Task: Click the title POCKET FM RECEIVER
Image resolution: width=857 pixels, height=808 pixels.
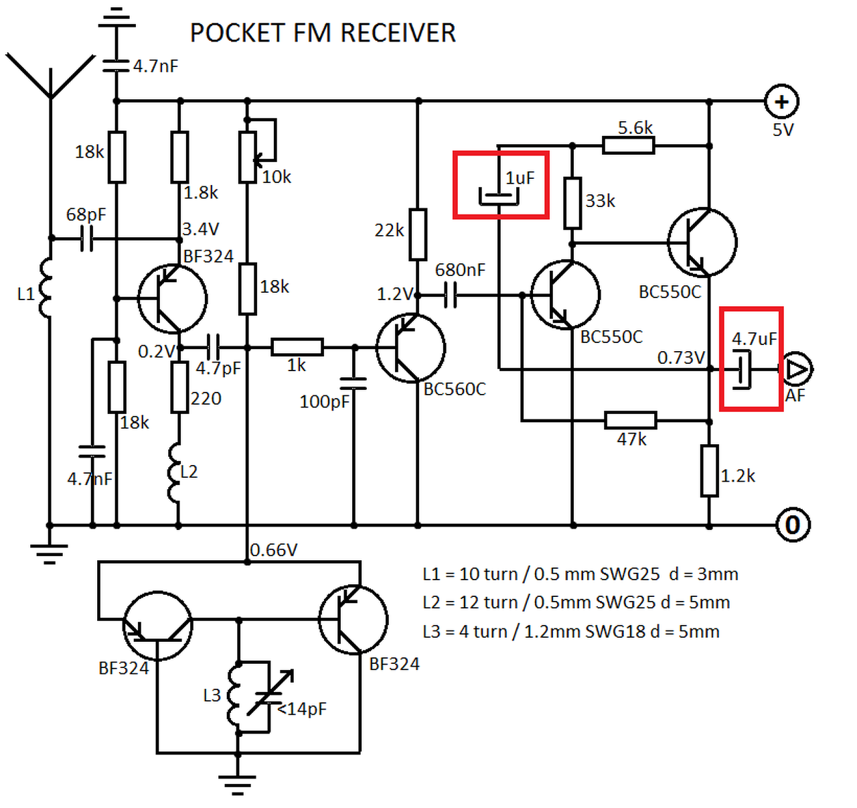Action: click(323, 33)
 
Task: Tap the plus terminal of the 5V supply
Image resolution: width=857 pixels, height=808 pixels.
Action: click(781, 102)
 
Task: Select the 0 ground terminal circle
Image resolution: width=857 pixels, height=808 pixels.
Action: click(793, 525)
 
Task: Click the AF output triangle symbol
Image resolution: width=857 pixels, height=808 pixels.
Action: click(797, 369)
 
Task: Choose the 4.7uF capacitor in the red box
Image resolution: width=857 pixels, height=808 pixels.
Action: click(743, 369)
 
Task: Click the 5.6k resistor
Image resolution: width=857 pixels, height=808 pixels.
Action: click(628, 145)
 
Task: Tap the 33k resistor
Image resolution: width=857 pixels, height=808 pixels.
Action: click(572, 203)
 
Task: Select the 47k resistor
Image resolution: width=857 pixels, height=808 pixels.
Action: click(630, 421)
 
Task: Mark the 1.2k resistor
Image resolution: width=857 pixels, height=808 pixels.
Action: click(710, 471)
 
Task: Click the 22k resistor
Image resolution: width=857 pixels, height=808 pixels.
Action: click(418, 234)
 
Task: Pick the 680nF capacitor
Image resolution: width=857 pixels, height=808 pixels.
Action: click(451, 294)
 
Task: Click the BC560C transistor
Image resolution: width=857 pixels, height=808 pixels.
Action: click(410, 348)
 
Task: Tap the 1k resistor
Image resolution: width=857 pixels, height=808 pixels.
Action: click(297, 347)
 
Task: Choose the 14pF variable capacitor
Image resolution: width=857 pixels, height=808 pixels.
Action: click(269, 697)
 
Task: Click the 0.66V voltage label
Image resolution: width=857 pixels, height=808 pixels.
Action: click(273, 550)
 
